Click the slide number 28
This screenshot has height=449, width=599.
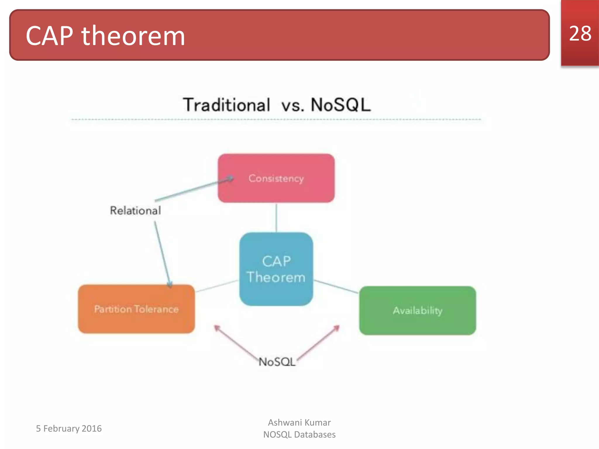(580, 34)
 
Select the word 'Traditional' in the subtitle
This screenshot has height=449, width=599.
(226, 105)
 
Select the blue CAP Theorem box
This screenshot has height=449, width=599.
(276, 269)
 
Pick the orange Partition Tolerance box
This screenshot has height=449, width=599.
(136, 309)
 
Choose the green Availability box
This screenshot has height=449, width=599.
(417, 310)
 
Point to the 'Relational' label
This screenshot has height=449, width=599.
(135, 210)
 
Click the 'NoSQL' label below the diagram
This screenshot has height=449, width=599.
(277, 362)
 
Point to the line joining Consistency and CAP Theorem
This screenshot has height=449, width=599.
(276, 217)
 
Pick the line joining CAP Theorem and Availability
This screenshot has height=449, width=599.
(336, 286)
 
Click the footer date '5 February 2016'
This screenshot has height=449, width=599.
(69, 429)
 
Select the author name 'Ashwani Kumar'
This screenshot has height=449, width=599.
(299, 422)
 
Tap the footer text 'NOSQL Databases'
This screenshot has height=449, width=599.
(299, 435)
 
